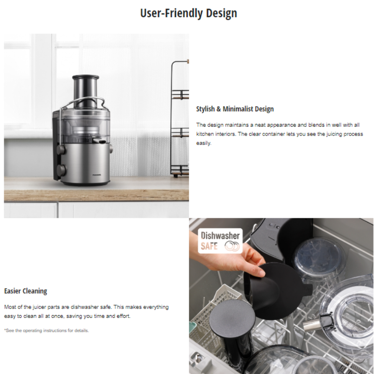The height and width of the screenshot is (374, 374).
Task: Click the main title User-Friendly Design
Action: pos(188,13)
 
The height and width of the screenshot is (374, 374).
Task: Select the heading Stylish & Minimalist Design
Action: pos(235,109)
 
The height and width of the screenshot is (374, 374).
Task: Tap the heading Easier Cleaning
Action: pos(26,291)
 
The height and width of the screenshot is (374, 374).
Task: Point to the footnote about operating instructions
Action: pos(46,331)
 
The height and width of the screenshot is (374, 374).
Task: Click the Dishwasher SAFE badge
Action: pos(220,241)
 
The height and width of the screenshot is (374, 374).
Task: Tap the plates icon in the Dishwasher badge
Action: pos(232,246)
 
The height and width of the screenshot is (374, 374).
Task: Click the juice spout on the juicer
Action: pos(99,141)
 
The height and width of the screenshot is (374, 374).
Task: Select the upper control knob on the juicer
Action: pos(61,150)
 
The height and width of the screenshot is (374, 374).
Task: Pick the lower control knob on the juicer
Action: pos(61,169)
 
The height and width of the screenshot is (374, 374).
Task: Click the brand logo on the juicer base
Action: pos(97,175)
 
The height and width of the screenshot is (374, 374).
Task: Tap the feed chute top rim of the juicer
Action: pos(86,77)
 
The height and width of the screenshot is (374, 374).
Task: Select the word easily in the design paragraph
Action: pos(204,143)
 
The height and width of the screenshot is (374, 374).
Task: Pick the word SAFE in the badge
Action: pos(209,246)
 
